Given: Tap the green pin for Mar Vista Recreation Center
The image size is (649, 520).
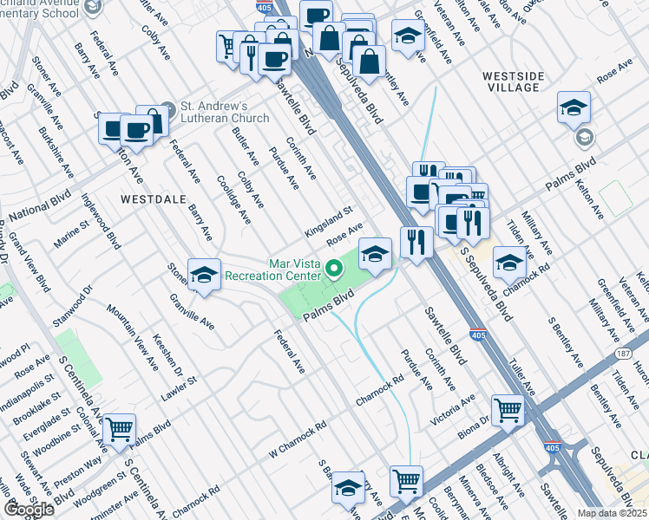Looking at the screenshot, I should pos(334,269).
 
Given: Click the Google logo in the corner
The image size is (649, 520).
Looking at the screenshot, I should pos(29,509).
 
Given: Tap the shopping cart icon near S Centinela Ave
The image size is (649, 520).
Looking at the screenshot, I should pos(119,428).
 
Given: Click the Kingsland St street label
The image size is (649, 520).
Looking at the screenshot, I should pos(329,222).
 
